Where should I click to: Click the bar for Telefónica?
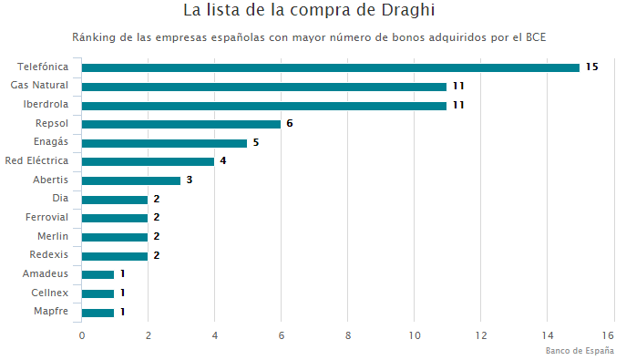pyautogui.click(x=330, y=67)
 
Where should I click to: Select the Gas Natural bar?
pyautogui.click(x=264, y=87)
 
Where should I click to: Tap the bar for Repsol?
pyautogui.click(x=180, y=124)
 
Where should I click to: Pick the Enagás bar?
pyautogui.click(x=164, y=143)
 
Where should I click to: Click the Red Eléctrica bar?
pyautogui.click(x=148, y=161)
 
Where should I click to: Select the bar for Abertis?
pyautogui.click(x=131, y=180)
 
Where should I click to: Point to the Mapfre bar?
pyautogui.click(x=97, y=313)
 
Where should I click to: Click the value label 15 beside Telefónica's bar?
pyautogui.click(x=591, y=67)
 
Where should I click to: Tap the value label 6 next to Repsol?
pyautogui.click(x=289, y=124)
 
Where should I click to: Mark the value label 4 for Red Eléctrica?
pyautogui.click(x=222, y=161)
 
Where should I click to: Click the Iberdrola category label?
pyautogui.click(x=46, y=105)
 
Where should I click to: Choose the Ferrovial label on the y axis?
pyautogui.click(x=47, y=218)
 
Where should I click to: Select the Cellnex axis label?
pyautogui.click(x=49, y=293)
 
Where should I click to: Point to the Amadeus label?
pyautogui.click(x=46, y=274)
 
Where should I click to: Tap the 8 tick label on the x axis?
pyautogui.click(x=348, y=335)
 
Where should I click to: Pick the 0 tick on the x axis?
pyautogui.click(x=82, y=335)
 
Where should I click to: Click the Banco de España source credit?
pyautogui.click(x=580, y=351)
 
